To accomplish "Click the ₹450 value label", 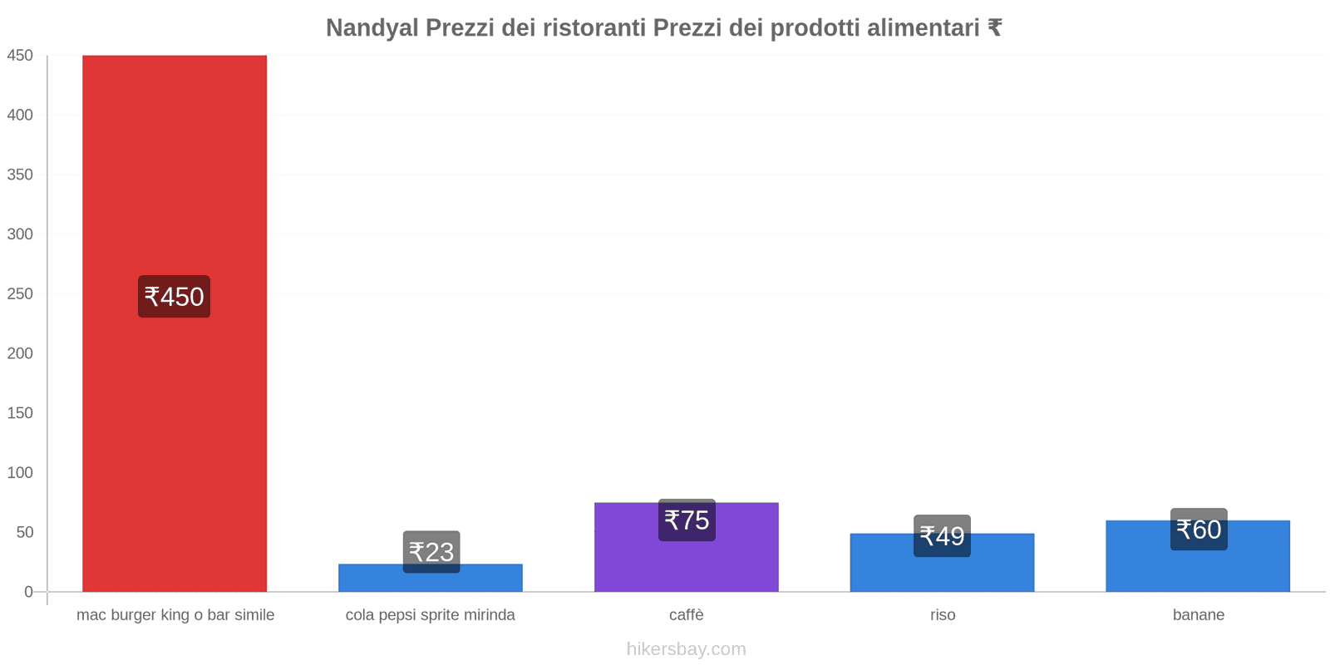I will pyautogui.click(x=174, y=297).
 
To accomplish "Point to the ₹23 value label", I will pyautogui.click(x=431, y=552).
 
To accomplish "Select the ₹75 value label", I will pyautogui.click(x=687, y=520).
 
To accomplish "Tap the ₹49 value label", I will pyautogui.click(x=942, y=536).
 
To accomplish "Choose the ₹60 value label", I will pyautogui.click(x=1199, y=530).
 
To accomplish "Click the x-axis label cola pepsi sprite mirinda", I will pyautogui.click(x=430, y=615).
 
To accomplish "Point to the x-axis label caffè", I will pyautogui.click(x=687, y=615).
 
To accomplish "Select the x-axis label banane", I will pyautogui.click(x=1198, y=615).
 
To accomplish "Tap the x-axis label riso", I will pyautogui.click(x=943, y=615).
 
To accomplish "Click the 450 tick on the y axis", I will pyautogui.click(x=20, y=56).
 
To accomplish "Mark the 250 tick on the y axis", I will pyautogui.click(x=20, y=294).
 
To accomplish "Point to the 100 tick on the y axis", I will pyautogui.click(x=20, y=473).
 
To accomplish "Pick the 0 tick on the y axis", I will pyautogui.click(x=28, y=592).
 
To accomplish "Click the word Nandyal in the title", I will pyautogui.click(x=372, y=28).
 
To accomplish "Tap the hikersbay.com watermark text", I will pyautogui.click(x=687, y=649).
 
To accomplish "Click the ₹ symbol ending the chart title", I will pyautogui.click(x=994, y=28).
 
